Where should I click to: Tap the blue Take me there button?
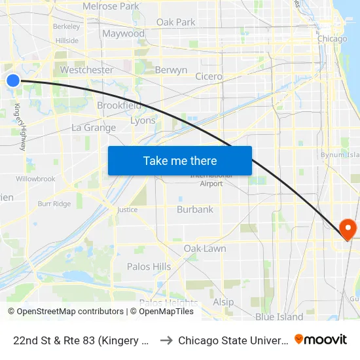click(x=179, y=160)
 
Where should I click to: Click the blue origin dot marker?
click(x=13, y=81)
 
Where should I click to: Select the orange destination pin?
click(x=348, y=229)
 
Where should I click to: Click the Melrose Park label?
click(x=111, y=7)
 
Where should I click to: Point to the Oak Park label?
click(x=175, y=22)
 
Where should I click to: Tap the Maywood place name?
click(x=123, y=33)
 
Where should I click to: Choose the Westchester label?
click(x=86, y=70)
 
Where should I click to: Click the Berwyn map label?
click(x=171, y=70)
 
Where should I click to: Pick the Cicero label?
click(x=209, y=77)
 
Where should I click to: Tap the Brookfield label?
click(x=119, y=105)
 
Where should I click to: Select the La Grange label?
click(x=94, y=128)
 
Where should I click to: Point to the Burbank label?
click(x=195, y=209)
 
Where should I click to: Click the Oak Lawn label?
click(x=205, y=249)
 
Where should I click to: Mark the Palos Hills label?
click(x=149, y=266)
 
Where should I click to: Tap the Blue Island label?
click(x=279, y=317)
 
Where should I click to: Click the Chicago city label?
click(x=332, y=39)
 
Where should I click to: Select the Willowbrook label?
click(x=35, y=179)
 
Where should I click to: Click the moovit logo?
click(x=321, y=340)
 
